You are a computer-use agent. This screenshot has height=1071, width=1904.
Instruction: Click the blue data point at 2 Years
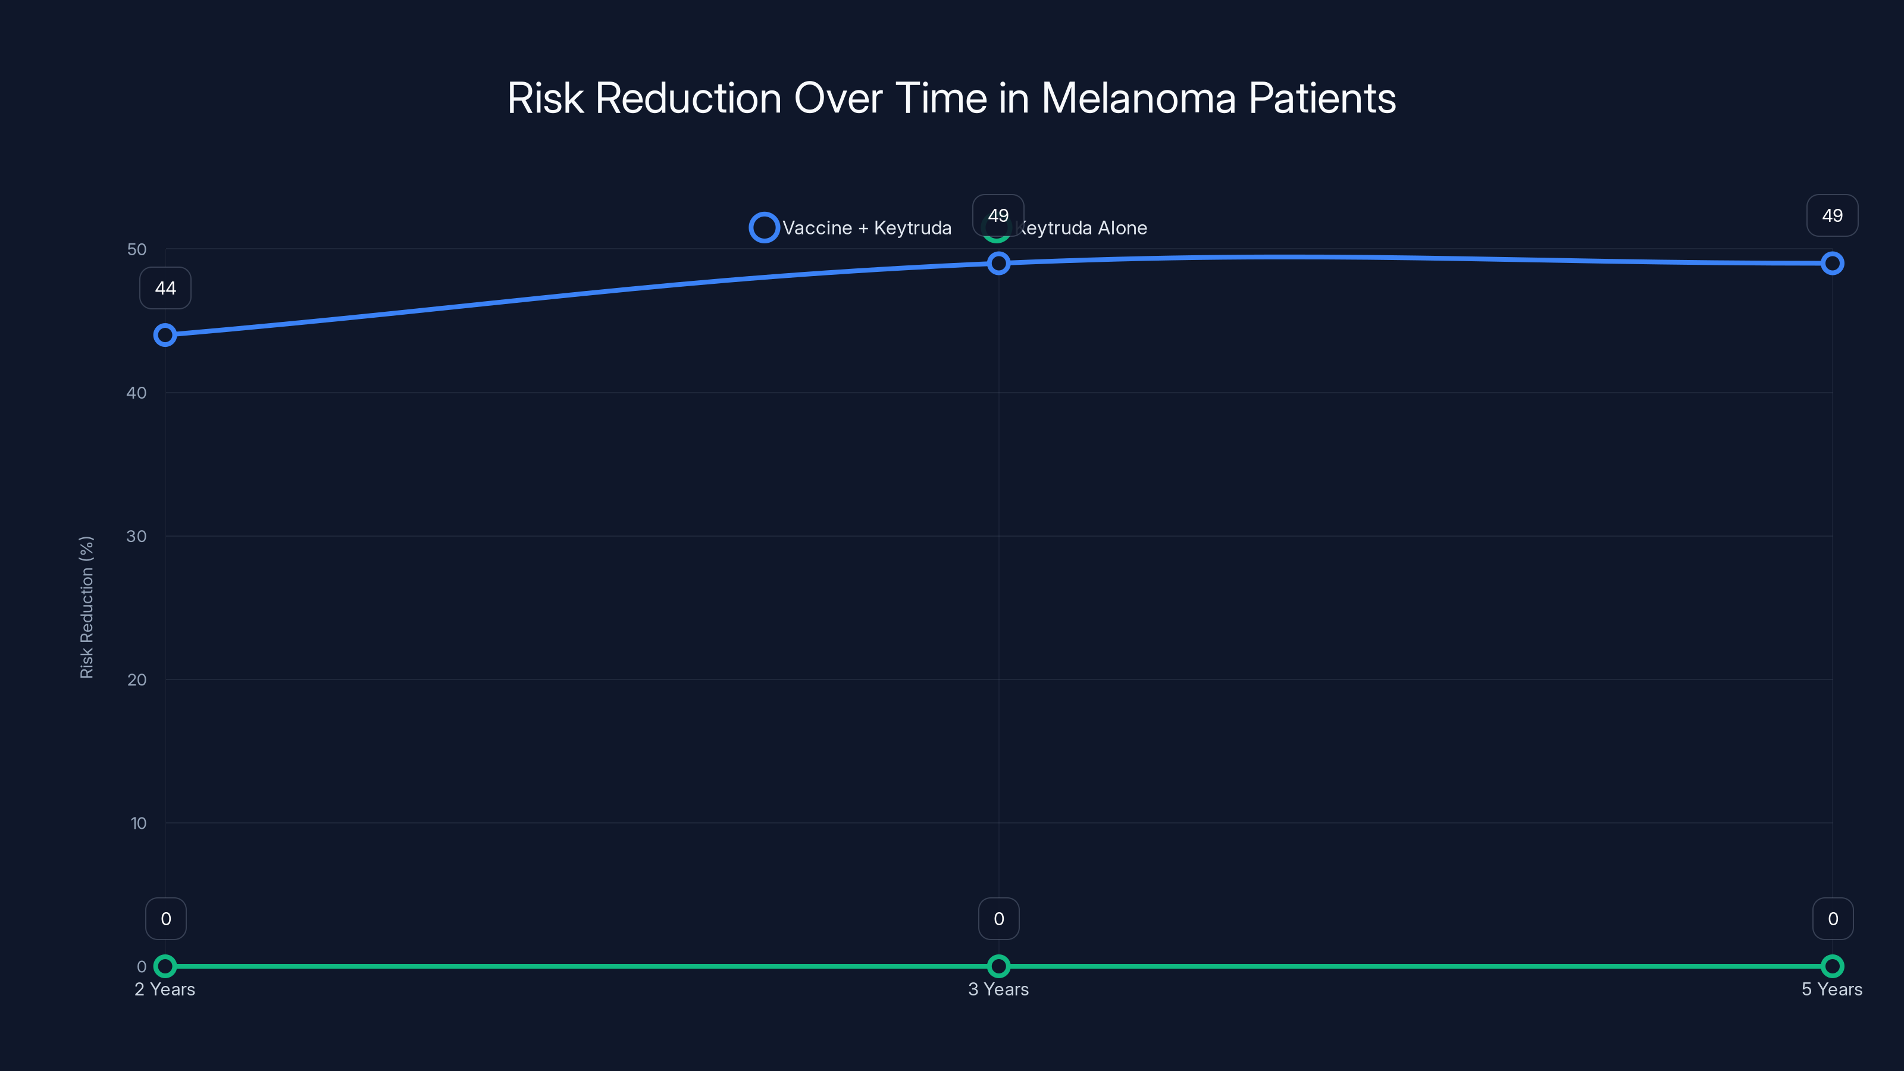click(165, 335)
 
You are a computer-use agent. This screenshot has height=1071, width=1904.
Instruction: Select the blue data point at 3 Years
click(998, 263)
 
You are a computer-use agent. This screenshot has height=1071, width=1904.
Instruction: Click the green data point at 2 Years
click(165, 966)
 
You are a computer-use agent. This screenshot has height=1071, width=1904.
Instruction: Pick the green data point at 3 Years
click(998, 966)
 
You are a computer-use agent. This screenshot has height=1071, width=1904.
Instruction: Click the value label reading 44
click(165, 288)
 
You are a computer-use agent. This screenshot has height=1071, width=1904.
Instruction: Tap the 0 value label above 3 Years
click(998, 919)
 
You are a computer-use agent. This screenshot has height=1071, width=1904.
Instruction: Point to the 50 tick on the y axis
click(137, 250)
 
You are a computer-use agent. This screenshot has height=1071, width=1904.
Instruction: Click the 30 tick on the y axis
click(137, 537)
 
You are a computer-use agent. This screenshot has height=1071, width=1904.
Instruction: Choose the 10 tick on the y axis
click(138, 823)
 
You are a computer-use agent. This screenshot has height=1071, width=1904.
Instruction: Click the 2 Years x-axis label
click(165, 989)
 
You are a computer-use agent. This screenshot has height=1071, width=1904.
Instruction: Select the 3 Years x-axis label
click(998, 989)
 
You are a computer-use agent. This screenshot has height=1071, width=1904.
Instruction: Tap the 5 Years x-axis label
click(1831, 989)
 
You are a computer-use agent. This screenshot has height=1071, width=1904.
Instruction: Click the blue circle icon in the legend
click(764, 228)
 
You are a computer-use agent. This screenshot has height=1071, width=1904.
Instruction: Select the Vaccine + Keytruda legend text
click(866, 228)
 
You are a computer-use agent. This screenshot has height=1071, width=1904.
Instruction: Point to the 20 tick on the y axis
click(137, 680)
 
